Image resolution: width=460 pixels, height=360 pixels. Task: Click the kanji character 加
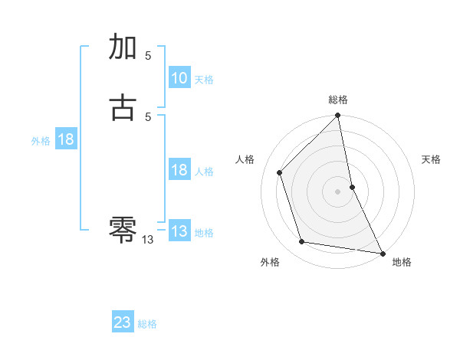123,47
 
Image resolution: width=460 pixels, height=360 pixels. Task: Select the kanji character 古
123,106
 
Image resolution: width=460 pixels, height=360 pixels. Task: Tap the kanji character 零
123,227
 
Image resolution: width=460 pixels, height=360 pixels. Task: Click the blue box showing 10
179,78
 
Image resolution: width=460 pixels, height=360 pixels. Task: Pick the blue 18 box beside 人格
179,170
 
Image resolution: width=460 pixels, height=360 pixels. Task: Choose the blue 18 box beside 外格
65,139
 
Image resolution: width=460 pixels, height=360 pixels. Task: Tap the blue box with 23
123,322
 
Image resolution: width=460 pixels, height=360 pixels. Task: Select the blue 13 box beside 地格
179,231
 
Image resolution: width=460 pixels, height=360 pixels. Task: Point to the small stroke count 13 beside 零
148,240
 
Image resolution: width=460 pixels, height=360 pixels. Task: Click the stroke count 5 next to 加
148,56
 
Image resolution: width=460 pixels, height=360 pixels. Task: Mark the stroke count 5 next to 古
148,116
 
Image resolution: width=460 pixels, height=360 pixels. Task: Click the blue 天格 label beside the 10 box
204,80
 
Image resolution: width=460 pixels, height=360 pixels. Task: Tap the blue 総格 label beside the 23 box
147,324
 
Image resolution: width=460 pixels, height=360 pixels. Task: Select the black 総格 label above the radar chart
338,100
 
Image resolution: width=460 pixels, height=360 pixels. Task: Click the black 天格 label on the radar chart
431,159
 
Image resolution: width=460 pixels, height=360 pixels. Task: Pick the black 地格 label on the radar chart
402,263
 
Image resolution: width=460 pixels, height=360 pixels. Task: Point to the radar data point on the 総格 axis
338,116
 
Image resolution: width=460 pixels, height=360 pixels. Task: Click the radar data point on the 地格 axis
382,253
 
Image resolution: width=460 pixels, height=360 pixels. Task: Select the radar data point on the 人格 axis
280,172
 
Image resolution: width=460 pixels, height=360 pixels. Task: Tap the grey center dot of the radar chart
338,191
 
